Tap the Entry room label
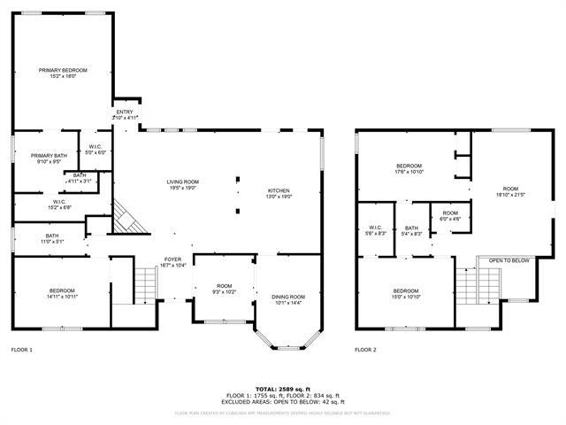tap(125, 112)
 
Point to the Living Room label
tap(182, 182)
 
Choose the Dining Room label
tap(288, 297)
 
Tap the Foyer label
tap(172, 259)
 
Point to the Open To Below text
tap(509, 260)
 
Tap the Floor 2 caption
tap(365, 350)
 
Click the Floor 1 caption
tap(21, 350)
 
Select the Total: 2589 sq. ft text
tap(282, 389)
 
